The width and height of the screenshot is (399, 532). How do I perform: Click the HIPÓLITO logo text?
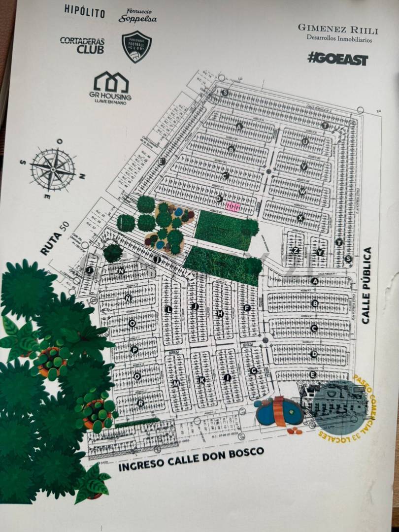point(84,11)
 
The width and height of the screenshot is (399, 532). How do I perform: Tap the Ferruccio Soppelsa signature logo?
point(137,16)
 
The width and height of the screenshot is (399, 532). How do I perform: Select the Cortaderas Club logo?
point(82,45)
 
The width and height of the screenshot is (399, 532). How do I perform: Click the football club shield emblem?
point(136,47)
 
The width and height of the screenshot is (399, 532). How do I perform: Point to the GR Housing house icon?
point(111,82)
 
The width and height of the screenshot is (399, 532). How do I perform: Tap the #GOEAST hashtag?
point(337,59)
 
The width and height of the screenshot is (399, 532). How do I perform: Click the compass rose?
point(53,169)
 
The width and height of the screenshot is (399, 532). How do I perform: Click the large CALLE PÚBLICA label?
point(366,286)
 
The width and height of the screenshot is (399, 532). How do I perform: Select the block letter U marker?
point(305,142)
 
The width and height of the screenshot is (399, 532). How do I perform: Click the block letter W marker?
point(302,191)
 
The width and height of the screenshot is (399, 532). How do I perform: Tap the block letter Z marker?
point(295,250)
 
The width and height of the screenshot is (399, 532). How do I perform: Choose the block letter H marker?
point(220,313)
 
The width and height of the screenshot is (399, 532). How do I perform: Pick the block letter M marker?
point(176,384)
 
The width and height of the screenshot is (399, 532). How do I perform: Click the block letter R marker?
point(141,403)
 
